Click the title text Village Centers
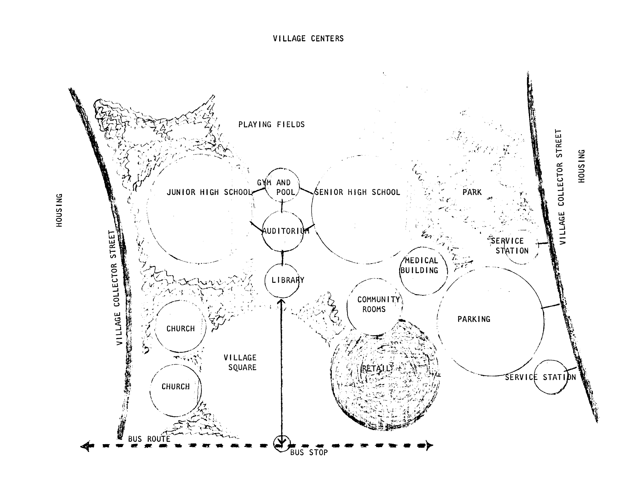[308, 39]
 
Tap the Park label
[472, 192]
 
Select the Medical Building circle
[423, 270]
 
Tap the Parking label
[474, 319]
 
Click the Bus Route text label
[149, 439]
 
